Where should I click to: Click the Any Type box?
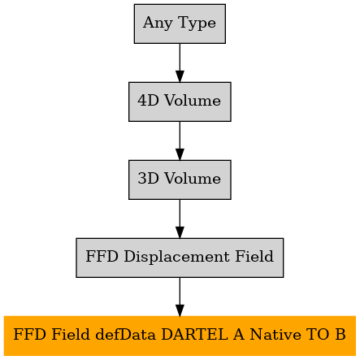[x=180, y=24]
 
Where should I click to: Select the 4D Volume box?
[x=180, y=102]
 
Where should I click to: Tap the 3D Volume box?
[x=180, y=180]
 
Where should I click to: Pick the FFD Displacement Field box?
[x=180, y=258]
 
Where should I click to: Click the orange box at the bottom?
[x=180, y=336]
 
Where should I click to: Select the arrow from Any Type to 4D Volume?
[x=180, y=63]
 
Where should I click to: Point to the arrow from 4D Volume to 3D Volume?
[x=180, y=141]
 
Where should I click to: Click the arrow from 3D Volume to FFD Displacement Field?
[x=180, y=219]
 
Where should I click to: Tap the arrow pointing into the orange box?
[x=180, y=297]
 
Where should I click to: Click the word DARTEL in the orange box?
[x=194, y=334]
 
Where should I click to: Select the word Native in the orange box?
[x=275, y=334]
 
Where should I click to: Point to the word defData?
[x=126, y=334]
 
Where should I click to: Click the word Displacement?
[x=177, y=257]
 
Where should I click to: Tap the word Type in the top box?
[x=197, y=23]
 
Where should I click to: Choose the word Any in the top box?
[x=158, y=23]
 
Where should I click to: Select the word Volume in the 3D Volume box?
[x=193, y=179]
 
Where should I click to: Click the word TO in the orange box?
[x=318, y=334]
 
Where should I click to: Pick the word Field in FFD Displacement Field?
[x=254, y=256]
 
